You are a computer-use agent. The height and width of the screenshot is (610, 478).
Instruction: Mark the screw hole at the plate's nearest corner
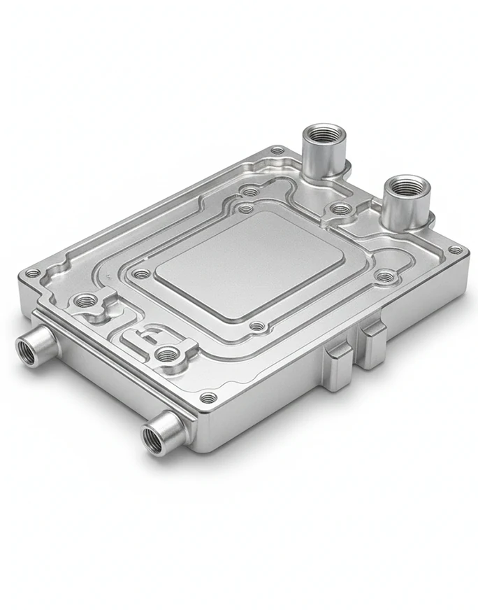[x=209, y=398]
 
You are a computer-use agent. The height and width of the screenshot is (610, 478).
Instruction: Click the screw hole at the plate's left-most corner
[x=31, y=274]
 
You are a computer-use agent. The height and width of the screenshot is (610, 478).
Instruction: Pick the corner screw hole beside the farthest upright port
[x=277, y=150]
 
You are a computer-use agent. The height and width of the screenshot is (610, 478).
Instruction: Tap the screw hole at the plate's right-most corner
[x=455, y=250]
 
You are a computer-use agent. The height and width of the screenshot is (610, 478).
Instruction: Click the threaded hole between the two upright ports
[x=340, y=208]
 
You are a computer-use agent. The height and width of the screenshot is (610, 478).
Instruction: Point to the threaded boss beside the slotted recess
[x=166, y=354]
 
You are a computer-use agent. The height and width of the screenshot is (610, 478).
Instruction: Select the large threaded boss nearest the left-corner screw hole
[x=86, y=302]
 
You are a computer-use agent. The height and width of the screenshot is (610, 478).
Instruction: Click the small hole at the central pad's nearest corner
[x=258, y=326]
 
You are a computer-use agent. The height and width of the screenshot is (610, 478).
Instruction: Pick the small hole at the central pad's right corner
[x=386, y=277]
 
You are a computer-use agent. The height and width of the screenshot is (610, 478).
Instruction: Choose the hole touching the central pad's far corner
[x=245, y=208]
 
